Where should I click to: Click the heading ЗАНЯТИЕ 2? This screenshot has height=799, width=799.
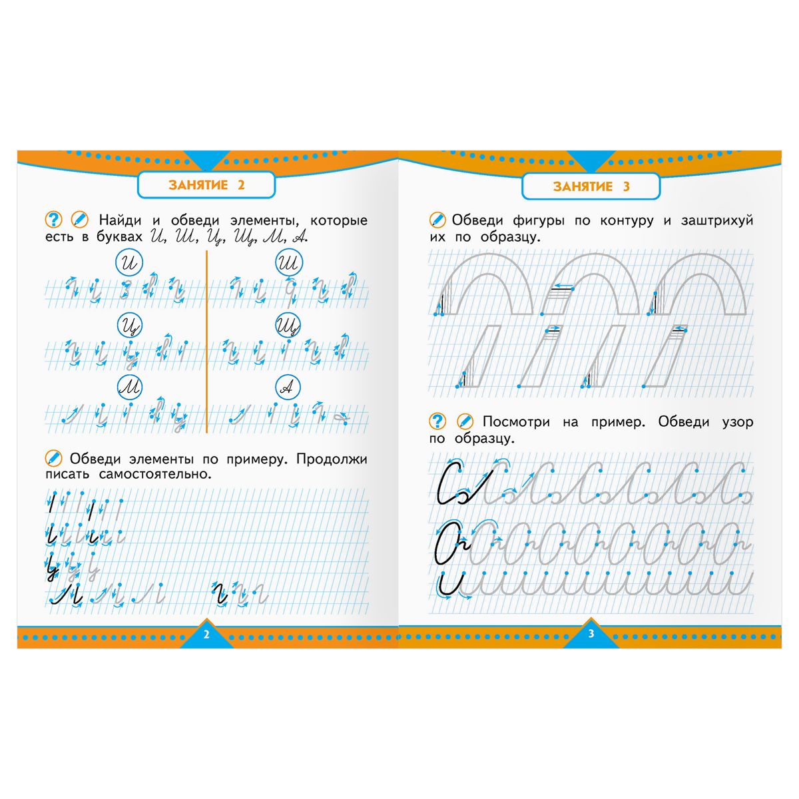[x=206, y=185]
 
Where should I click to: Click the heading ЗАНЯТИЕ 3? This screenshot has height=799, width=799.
[x=591, y=186]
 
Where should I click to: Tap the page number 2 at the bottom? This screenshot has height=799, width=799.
[x=206, y=635]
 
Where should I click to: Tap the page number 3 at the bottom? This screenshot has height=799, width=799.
[x=591, y=634]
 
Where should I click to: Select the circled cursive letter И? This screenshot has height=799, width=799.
[x=129, y=262]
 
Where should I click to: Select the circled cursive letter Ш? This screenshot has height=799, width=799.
[x=289, y=262]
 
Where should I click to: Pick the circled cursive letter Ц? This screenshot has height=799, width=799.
[x=130, y=326]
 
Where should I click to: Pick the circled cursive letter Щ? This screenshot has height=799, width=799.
[x=288, y=326]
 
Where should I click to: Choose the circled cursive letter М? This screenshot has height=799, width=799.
[x=129, y=387]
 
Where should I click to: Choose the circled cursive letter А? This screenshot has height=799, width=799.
[x=288, y=388]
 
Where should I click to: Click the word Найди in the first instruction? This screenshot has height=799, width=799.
[x=120, y=220]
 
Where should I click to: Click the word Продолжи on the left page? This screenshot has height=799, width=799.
[x=332, y=459]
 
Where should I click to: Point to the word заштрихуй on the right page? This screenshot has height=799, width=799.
[x=717, y=220]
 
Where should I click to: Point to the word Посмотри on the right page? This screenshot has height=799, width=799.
[x=516, y=422]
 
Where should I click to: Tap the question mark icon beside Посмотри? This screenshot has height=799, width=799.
[x=437, y=421]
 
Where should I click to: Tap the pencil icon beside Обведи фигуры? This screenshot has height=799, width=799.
[x=437, y=220]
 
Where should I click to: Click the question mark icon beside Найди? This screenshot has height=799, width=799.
[x=53, y=220]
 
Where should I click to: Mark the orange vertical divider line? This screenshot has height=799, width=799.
[x=206, y=342]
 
